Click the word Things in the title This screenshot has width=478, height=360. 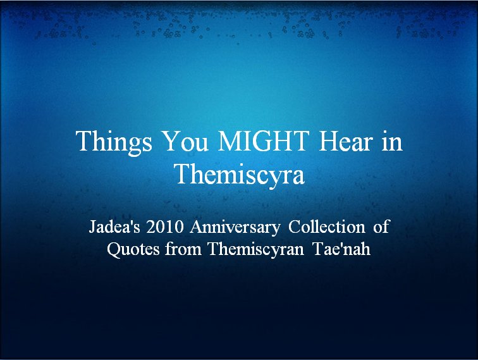[114, 143]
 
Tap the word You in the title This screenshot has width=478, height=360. [186, 141]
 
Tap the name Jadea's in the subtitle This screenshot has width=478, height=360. [114, 227]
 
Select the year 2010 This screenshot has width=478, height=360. [164, 227]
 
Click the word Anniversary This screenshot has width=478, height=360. [235, 228]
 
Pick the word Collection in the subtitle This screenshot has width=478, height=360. [326, 227]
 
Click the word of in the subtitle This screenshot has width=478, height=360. [381, 227]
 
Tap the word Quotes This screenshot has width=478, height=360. [133, 249]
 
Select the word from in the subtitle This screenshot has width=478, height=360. [183, 249]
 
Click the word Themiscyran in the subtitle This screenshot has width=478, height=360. [256, 249]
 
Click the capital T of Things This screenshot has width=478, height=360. [84, 141]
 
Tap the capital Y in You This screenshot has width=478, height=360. [172, 141]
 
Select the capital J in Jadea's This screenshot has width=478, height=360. [92, 227]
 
